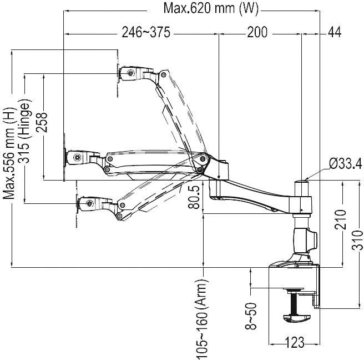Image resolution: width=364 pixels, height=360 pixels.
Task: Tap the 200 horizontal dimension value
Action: point(257,33)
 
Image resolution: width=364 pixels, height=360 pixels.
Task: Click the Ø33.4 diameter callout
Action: point(345,163)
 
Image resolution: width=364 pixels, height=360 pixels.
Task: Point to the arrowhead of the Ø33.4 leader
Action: point(306,178)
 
